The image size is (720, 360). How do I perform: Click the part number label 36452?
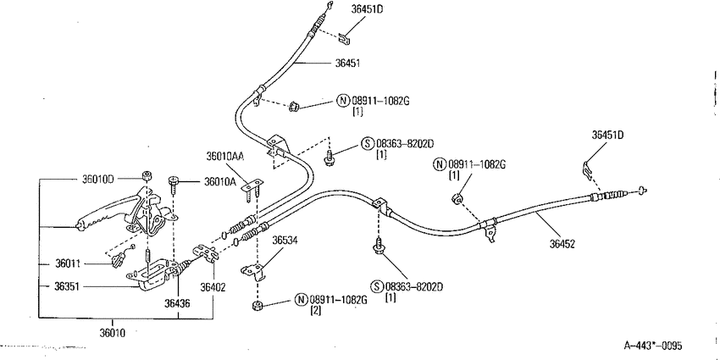[562, 244]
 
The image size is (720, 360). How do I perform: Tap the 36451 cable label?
[347, 64]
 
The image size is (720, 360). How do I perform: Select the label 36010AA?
[225, 157]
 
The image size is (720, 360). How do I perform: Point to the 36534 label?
[285, 241]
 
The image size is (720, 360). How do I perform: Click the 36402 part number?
[213, 288]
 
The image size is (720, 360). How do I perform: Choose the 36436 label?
[177, 303]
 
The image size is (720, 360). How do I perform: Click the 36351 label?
[67, 286]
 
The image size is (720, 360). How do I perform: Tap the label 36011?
[68, 263]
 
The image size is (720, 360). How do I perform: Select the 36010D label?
[97, 179]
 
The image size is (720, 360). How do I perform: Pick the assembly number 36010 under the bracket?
[113, 332]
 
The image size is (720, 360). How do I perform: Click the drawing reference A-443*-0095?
[653, 346]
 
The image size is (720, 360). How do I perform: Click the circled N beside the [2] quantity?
[301, 300]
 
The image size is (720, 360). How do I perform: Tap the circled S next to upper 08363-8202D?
[368, 144]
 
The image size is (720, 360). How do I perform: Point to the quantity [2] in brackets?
[317, 310]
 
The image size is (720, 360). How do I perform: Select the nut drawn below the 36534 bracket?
[258, 306]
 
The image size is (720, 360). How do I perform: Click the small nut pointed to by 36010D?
[147, 176]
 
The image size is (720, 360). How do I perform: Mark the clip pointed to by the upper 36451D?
[345, 39]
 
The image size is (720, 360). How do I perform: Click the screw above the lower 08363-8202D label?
[379, 247]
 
